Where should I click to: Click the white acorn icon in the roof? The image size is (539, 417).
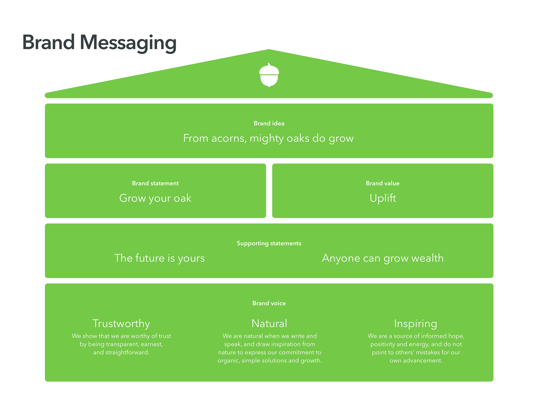pyautogui.click(x=269, y=75)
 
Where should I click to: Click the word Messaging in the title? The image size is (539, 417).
pyautogui.click(x=128, y=43)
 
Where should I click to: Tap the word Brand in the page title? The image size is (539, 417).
pyautogui.click(x=48, y=42)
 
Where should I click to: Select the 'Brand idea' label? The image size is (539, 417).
pyautogui.click(x=269, y=123)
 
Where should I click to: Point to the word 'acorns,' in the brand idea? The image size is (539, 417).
pyautogui.click(x=229, y=138)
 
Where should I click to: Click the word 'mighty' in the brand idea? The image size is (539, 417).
pyautogui.click(x=267, y=139)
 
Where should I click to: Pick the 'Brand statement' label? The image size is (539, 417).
pyautogui.click(x=155, y=183)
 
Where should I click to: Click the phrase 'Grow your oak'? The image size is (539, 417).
pyautogui.click(x=155, y=198)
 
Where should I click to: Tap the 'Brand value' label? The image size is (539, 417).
pyautogui.click(x=383, y=183)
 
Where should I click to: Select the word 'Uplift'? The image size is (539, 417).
pyautogui.click(x=383, y=198)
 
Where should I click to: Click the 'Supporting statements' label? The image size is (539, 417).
pyautogui.click(x=269, y=243)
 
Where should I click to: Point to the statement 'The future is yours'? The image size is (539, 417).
pyautogui.click(x=159, y=258)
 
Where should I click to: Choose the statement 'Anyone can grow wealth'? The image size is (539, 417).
pyautogui.click(x=383, y=258)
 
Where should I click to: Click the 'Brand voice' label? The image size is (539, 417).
pyautogui.click(x=269, y=303)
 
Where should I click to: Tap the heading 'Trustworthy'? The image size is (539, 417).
pyautogui.click(x=121, y=324)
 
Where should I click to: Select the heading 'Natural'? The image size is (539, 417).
pyautogui.click(x=269, y=323)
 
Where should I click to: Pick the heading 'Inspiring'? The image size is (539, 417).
pyautogui.click(x=416, y=324)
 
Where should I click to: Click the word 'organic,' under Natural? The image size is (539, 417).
pyautogui.click(x=229, y=361)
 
